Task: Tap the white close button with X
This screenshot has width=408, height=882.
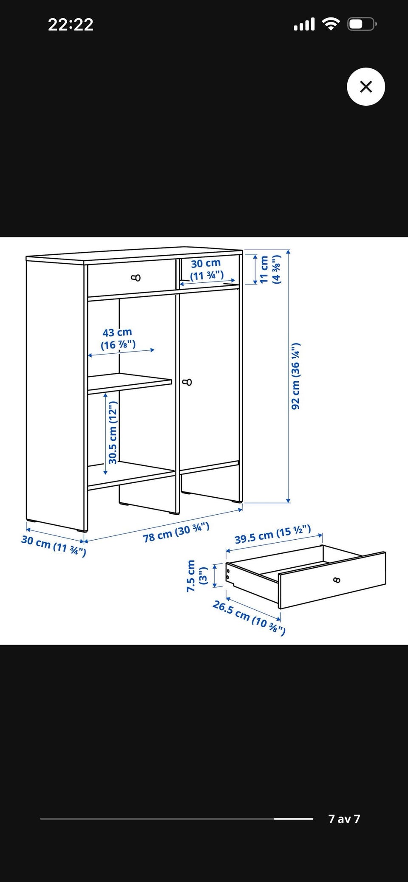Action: (x=366, y=87)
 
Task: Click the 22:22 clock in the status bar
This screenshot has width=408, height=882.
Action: (x=71, y=24)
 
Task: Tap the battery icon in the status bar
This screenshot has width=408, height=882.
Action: (x=362, y=24)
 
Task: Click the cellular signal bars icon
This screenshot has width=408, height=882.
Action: (x=304, y=24)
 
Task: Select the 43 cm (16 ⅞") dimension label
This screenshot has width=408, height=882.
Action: (x=118, y=338)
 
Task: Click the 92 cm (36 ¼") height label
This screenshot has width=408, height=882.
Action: (x=296, y=376)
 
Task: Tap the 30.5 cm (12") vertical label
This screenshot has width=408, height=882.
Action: (x=113, y=433)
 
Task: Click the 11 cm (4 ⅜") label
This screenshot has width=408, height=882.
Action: (x=270, y=269)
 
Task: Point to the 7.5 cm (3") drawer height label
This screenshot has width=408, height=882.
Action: (x=196, y=576)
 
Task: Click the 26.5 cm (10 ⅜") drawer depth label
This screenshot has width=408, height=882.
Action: (x=249, y=617)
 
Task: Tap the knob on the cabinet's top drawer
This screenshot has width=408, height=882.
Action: (x=136, y=278)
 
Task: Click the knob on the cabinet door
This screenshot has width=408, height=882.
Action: (x=187, y=382)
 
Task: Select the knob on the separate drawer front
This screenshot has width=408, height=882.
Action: (x=337, y=580)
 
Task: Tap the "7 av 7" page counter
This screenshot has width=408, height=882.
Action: (x=344, y=819)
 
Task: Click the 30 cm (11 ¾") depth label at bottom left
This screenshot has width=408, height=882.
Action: (x=54, y=546)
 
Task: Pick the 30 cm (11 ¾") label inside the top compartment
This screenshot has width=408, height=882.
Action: (x=206, y=270)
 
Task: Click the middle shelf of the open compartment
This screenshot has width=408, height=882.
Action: (x=130, y=384)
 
